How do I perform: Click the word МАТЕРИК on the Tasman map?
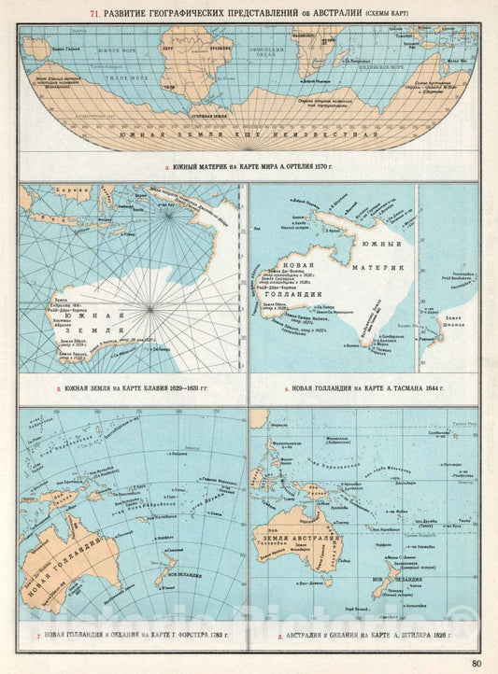pyautogui.click(x=382, y=268)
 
